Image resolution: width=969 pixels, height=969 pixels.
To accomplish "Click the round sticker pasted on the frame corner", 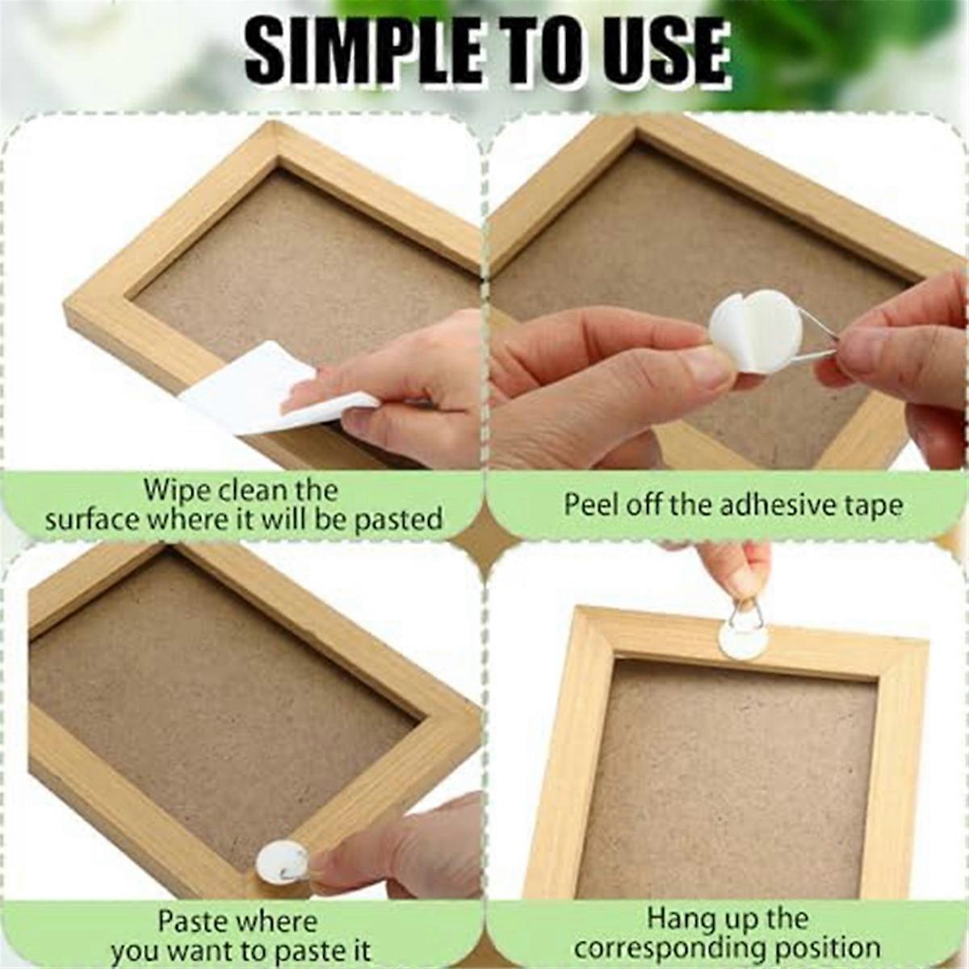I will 281,862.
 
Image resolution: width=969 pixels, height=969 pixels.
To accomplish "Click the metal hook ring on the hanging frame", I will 744,613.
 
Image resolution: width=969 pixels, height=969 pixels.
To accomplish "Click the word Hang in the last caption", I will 683,919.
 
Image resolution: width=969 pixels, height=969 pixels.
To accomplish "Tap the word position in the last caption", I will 833,948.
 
